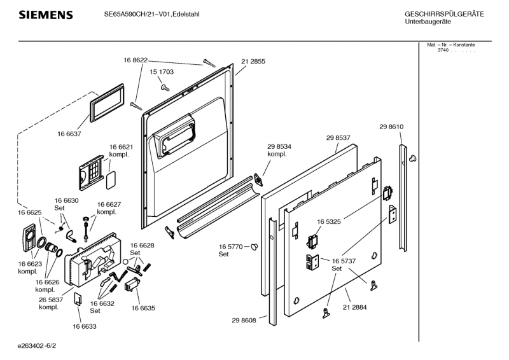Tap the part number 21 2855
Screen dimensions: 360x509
[253, 61]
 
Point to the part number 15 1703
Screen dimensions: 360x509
[162, 73]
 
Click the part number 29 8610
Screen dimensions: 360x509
[391, 127]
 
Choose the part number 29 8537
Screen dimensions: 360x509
[338, 137]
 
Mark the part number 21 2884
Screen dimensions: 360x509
[354, 307]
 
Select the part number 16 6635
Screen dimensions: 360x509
[143, 308]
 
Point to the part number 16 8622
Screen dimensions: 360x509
[136, 60]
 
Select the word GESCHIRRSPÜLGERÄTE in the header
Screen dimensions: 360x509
[445, 14]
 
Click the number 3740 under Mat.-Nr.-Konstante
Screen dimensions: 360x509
[443, 51]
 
